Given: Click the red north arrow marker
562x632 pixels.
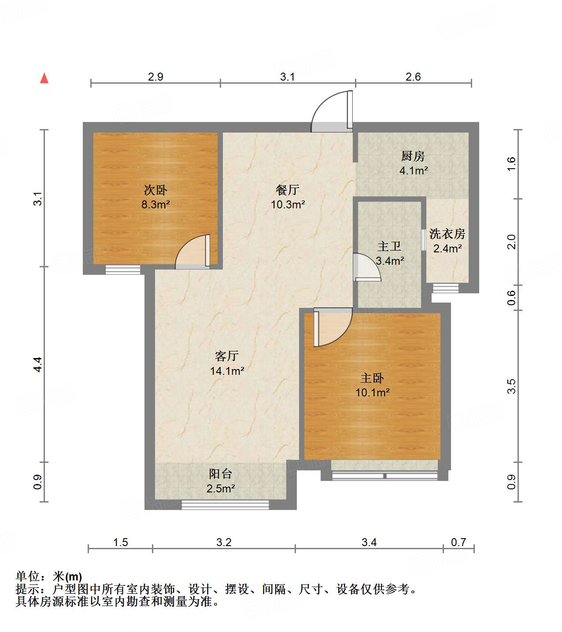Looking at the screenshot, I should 44,78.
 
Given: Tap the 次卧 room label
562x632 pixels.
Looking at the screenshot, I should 155,190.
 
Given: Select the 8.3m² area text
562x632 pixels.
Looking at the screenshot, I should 155,204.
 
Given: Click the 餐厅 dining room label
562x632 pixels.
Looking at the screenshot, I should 288,190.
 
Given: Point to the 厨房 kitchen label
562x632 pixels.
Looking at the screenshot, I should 413,156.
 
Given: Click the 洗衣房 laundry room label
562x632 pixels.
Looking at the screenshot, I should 447,234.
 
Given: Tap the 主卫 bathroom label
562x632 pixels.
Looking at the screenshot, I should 389,246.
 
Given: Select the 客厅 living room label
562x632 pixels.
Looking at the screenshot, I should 227,356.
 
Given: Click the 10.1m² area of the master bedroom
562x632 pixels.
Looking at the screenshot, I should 372,392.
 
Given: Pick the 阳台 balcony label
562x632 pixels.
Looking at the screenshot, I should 220,474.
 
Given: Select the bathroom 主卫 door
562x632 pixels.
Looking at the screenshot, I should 366,267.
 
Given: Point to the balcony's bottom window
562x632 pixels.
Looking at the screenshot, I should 225,505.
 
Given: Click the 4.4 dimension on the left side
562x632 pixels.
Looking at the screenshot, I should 38,364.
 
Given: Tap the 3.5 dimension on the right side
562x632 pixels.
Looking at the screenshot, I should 511,386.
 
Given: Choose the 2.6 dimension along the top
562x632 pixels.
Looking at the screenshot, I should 413,77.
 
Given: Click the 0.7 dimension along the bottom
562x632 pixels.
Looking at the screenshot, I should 458,542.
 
